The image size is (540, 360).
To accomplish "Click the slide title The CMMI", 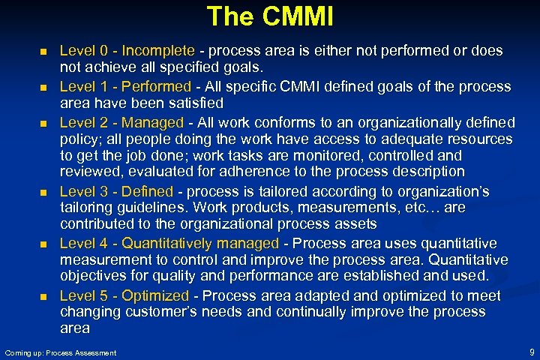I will point(269,16).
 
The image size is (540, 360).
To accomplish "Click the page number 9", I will point(531,352).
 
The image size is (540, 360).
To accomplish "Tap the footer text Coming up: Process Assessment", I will point(61,352).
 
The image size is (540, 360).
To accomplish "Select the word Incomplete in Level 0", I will point(157,52).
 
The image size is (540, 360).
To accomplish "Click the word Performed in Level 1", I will point(157,87).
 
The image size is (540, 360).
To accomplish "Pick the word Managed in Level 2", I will point(152,122).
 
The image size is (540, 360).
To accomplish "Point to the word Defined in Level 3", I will point(147,192).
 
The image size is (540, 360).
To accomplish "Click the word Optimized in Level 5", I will point(155,295).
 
